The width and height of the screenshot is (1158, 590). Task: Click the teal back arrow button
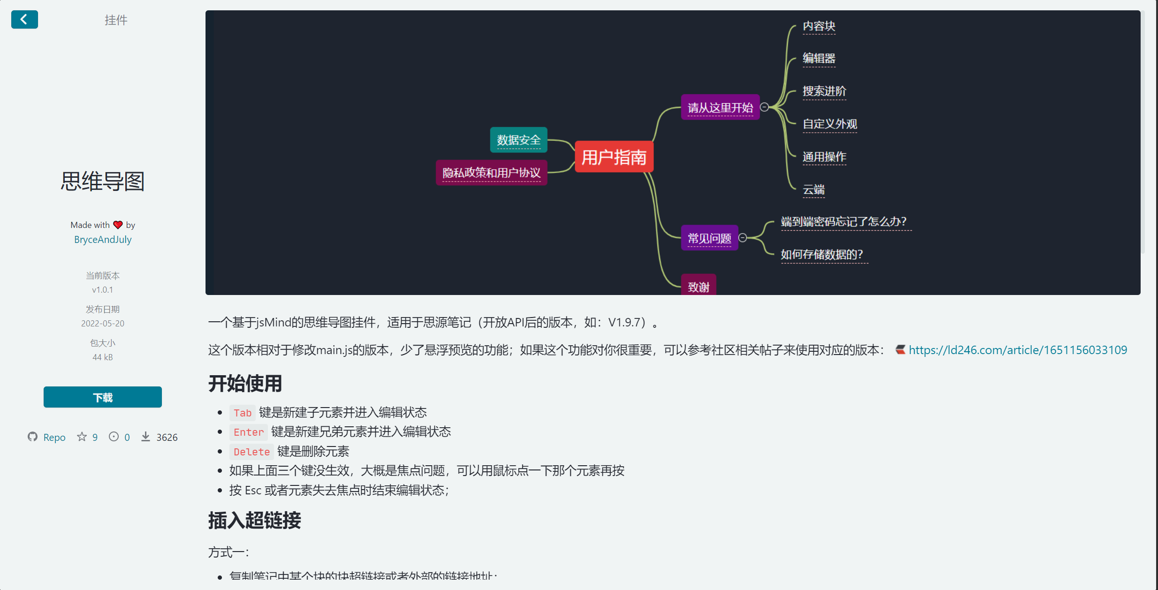(24, 20)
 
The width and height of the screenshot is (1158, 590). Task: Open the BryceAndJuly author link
(103, 240)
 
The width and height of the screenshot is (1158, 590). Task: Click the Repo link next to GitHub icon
(54, 437)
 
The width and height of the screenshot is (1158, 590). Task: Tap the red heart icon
(118, 225)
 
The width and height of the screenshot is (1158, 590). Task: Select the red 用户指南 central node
(614, 157)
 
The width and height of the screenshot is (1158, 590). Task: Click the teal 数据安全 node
(518, 140)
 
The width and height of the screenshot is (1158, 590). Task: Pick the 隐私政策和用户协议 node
(491, 173)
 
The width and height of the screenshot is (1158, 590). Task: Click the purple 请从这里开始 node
(720, 107)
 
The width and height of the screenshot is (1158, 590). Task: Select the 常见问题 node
(709, 238)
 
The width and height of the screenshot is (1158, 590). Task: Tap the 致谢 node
(698, 286)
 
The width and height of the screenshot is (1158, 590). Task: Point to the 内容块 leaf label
(819, 26)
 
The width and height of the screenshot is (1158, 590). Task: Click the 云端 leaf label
(814, 189)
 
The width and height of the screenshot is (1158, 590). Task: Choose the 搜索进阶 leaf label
(824, 91)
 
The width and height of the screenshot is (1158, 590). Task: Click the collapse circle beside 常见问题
(743, 238)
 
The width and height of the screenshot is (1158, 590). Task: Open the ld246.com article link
(1017, 350)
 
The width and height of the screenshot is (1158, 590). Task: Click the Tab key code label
(243, 413)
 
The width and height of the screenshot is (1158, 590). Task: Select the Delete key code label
(251, 452)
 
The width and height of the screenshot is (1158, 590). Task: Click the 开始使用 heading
(245, 384)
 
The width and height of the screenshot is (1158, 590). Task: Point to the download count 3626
(167, 437)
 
